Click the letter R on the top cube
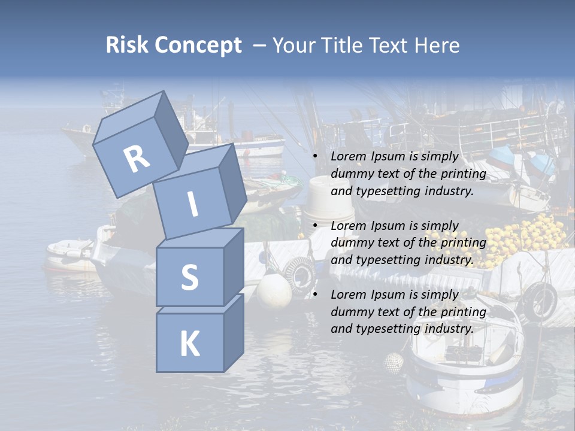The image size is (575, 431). (x=137, y=159)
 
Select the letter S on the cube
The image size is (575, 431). (x=189, y=278)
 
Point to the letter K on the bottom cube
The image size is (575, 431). (x=189, y=344)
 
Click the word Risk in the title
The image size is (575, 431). (x=126, y=45)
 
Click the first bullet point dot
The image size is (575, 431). (x=315, y=157)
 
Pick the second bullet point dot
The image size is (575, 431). (x=315, y=226)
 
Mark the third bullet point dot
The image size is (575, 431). (x=315, y=295)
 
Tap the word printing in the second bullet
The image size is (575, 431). (x=463, y=243)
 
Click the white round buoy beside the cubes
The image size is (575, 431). (x=274, y=290)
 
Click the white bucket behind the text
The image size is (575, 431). (x=329, y=198)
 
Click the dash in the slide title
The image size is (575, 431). (x=260, y=45)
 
